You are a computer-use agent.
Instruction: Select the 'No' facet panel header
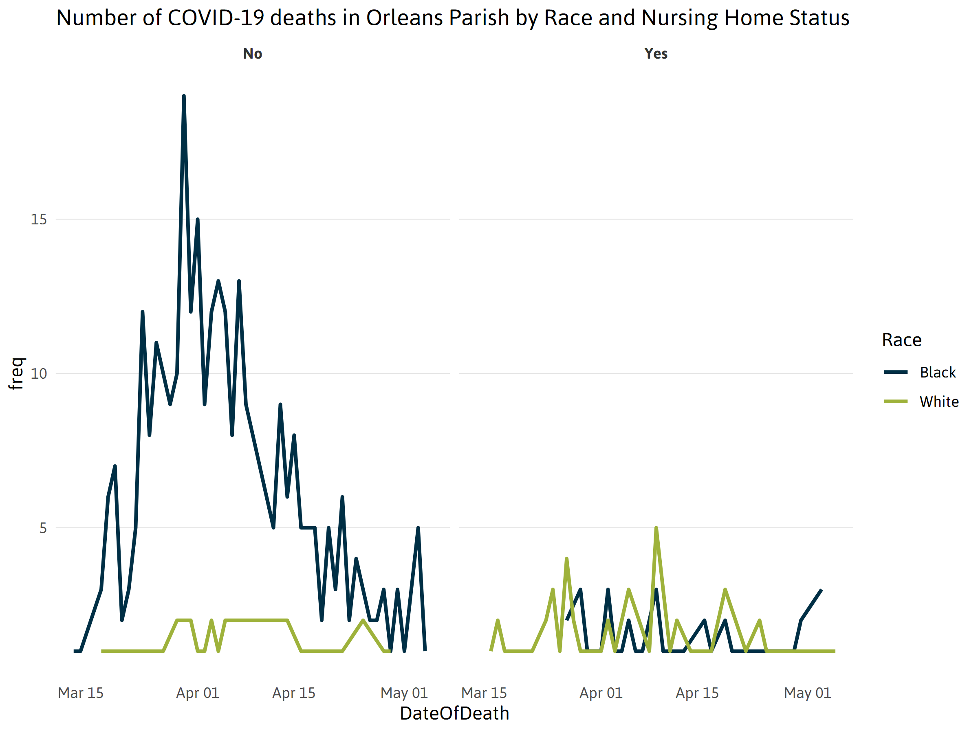point(253,54)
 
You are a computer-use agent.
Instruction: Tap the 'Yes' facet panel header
point(656,54)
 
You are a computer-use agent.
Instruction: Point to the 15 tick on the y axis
point(39,219)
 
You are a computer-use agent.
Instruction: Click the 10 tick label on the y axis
point(39,374)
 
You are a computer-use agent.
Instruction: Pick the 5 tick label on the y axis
point(43,528)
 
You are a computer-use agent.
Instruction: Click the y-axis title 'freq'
point(16,373)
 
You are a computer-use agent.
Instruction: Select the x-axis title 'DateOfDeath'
point(454,713)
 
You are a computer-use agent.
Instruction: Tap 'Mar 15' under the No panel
point(80,693)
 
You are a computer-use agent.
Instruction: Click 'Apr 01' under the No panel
point(198,693)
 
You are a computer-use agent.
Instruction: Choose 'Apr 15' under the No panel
point(293,693)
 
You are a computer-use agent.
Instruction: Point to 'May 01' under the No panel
point(404,693)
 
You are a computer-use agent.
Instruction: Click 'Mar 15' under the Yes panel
point(484,693)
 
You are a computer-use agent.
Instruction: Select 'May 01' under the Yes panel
point(807,693)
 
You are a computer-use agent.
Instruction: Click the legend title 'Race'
point(901,340)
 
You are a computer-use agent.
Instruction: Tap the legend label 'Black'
point(938,373)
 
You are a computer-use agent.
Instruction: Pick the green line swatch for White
point(896,402)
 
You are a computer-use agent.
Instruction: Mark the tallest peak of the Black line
point(184,97)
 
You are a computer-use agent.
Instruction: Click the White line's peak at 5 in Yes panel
point(656,529)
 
